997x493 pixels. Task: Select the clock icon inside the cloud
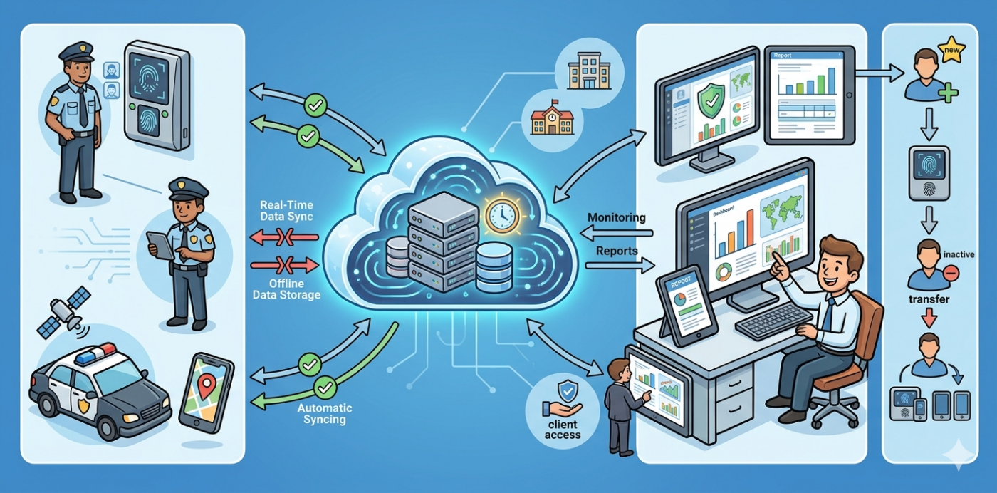pos(503,212)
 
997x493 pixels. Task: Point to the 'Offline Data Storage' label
pos(286,289)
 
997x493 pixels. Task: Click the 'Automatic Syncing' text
pos(324,414)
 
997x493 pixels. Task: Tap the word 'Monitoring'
pos(617,217)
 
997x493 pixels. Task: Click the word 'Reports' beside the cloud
pos(617,251)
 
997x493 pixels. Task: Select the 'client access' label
pos(563,430)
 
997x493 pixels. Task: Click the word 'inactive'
pos(958,254)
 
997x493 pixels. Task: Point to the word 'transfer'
pos(929,299)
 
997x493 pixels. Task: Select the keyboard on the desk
pos(773,321)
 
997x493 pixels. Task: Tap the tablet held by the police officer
pos(160,246)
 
